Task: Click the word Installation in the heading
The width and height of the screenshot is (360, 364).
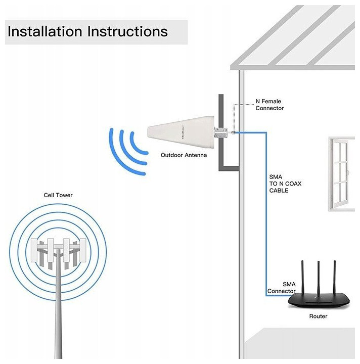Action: click(x=45, y=31)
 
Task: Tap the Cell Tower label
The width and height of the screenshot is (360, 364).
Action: click(x=58, y=195)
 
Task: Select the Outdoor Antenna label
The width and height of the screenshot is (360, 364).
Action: click(x=184, y=155)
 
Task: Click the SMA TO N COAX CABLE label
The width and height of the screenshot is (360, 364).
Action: click(x=285, y=184)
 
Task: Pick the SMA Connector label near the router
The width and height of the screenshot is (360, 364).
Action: click(x=282, y=288)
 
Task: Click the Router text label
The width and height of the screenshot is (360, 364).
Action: click(x=318, y=316)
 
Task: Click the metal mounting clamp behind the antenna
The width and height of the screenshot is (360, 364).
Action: click(x=222, y=133)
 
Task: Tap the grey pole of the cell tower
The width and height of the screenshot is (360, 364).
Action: click(x=59, y=313)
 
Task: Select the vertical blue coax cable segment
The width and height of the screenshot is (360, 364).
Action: click(x=266, y=212)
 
